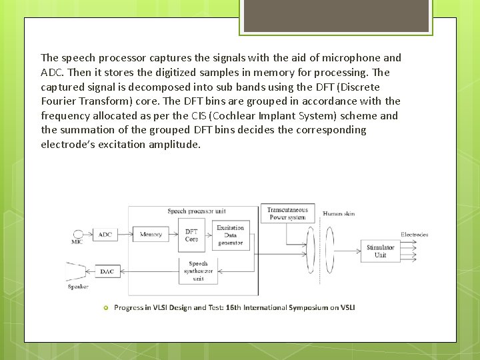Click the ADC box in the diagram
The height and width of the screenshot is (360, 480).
pyautogui.click(x=105, y=235)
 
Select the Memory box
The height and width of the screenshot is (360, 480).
pyautogui.click(x=151, y=235)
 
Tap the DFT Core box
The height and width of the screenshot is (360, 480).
pyautogui.click(x=191, y=235)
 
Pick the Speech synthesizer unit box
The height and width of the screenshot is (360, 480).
pyautogui.click(x=198, y=271)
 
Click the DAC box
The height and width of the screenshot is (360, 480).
pyautogui.click(x=106, y=271)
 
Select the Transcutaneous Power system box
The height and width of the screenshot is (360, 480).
pyautogui.click(x=287, y=213)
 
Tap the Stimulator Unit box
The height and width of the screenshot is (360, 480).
pyautogui.click(x=380, y=251)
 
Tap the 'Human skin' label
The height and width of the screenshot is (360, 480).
pyautogui.click(x=339, y=214)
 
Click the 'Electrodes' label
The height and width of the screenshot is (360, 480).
pyautogui.click(x=414, y=235)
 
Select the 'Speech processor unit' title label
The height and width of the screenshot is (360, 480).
pyautogui.click(x=196, y=211)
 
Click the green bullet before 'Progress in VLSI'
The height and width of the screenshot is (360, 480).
pyautogui.click(x=105, y=307)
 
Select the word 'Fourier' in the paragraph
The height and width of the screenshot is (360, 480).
pyautogui.click(x=59, y=101)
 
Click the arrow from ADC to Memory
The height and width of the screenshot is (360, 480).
pyautogui.click(x=126, y=235)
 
